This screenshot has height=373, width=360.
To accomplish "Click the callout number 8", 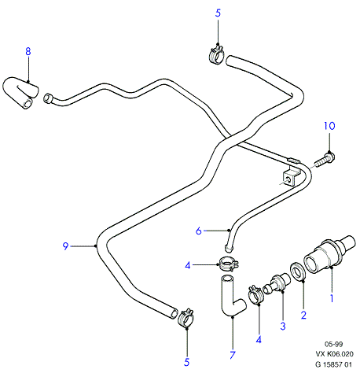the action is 28,51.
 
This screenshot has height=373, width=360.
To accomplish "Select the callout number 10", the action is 329,126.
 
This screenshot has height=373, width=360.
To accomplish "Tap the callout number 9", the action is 65,246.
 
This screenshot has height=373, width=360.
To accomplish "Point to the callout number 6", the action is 199,231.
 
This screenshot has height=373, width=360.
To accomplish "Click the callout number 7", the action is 233,355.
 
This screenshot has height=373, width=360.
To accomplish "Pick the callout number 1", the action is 332,298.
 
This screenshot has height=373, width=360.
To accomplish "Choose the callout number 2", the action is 303,315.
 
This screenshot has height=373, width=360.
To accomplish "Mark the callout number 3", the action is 283,327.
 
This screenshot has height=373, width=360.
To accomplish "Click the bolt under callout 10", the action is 325,160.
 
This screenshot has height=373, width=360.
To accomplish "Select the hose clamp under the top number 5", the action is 217,55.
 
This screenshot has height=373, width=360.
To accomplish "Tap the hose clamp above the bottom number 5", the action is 186,317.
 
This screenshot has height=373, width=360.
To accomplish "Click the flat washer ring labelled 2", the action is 297,271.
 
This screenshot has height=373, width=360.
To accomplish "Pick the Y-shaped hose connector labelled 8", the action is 20,92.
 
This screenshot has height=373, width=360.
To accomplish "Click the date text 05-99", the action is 333,344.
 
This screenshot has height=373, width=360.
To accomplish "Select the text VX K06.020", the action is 334,354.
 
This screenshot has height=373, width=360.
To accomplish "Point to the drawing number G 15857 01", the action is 333,364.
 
